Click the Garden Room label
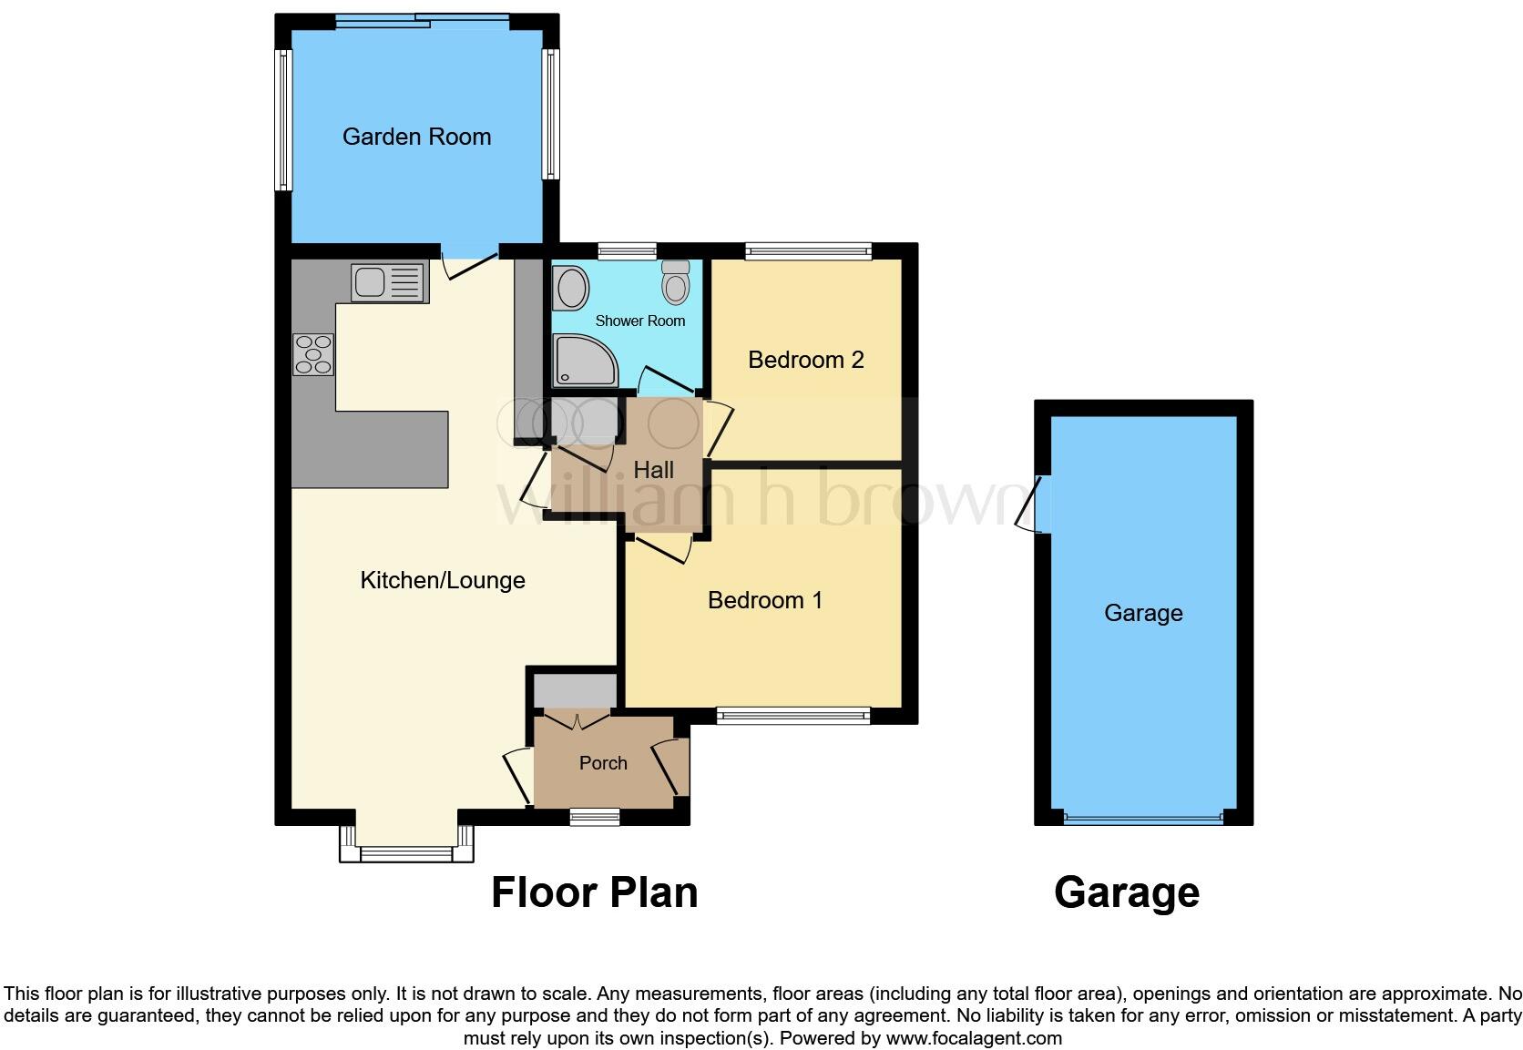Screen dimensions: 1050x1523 (416, 137)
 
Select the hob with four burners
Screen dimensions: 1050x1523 (313, 354)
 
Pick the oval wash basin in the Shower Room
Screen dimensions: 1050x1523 (571, 288)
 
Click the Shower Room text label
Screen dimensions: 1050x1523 (639, 321)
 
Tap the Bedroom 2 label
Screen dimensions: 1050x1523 (805, 360)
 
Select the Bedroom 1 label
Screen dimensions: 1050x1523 (764, 600)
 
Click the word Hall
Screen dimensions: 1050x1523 (653, 470)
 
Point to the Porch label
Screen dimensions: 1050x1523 (603, 763)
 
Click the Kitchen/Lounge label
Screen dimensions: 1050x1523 (443, 580)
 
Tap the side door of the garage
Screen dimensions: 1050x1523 (1031, 505)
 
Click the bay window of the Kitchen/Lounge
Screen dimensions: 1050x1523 (406, 852)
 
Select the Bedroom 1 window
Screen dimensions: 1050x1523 (792, 717)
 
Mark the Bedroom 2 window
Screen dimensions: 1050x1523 (808, 250)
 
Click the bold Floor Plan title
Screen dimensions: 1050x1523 (594, 892)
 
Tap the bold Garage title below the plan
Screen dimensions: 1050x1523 (1126, 892)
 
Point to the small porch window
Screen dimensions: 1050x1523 (594, 818)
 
